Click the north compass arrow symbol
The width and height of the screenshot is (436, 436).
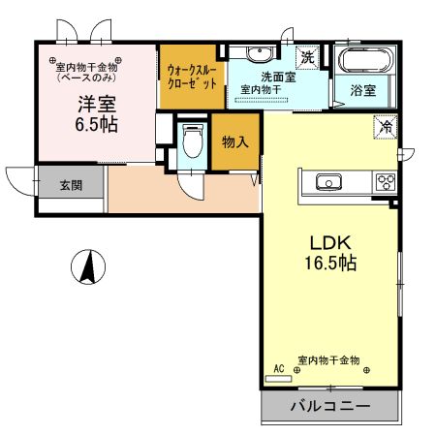point(88,266)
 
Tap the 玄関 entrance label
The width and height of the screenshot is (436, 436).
point(70,184)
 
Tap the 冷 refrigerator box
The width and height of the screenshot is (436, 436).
point(385,126)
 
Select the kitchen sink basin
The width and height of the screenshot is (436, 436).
point(327,181)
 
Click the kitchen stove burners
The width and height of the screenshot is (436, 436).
point(385,181)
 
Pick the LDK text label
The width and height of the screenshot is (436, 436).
point(329,241)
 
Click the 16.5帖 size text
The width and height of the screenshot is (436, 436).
point(329,263)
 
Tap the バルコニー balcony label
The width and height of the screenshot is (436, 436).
point(328,407)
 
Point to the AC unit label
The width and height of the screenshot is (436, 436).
point(279,369)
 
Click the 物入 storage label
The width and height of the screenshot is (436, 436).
point(235,142)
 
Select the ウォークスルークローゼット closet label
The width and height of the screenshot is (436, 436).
point(193,78)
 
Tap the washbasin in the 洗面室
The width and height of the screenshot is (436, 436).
point(259,53)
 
